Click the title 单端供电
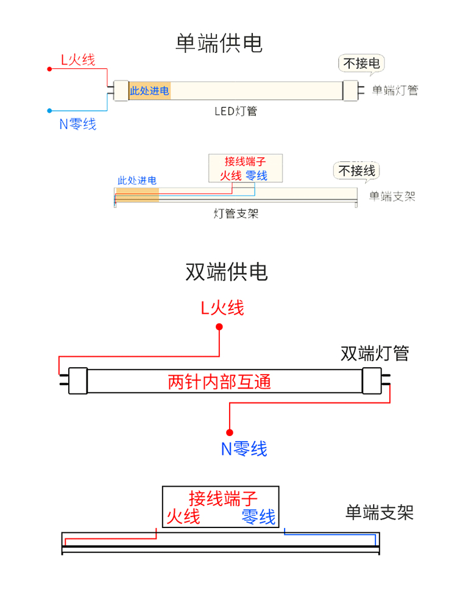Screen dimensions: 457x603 [x=219, y=43]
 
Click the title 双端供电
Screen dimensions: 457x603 [x=226, y=272]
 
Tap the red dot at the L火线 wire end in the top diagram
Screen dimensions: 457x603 [x=49, y=69]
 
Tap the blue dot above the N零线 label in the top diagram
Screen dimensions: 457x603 [x=49, y=111]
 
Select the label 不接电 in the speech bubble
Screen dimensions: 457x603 [x=361, y=63]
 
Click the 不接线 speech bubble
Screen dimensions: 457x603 [x=356, y=171]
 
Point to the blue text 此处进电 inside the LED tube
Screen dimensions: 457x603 [x=149, y=91]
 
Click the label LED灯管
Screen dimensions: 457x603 [x=235, y=111]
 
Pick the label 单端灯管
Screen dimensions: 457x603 [x=395, y=90]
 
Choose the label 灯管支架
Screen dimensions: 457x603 [x=236, y=213]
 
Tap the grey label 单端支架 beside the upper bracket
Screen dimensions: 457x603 [x=392, y=196]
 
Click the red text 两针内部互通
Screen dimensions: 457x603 [x=219, y=382]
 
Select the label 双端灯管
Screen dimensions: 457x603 [x=374, y=353]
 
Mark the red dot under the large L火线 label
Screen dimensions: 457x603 [x=219, y=327]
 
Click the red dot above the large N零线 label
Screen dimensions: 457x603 [x=230, y=432]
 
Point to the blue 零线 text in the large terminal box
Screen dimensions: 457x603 [x=258, y=517]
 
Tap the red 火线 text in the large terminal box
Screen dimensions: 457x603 [x=183, y=517]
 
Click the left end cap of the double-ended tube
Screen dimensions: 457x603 [x=78, y=381]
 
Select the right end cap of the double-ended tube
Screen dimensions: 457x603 [x=372, y=381]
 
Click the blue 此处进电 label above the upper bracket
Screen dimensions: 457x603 [x=137, y=180]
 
